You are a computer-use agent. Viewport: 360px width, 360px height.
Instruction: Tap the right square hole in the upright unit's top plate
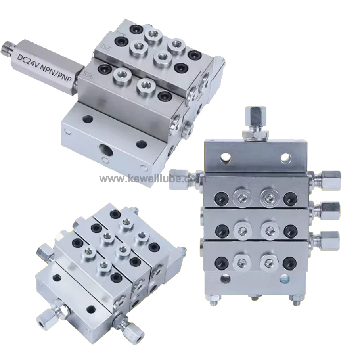coord(284,158)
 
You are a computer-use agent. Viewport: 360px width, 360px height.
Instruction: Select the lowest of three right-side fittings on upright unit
coord(329,239)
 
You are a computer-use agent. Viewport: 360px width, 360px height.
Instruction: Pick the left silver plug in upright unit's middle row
coord(241,229)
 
